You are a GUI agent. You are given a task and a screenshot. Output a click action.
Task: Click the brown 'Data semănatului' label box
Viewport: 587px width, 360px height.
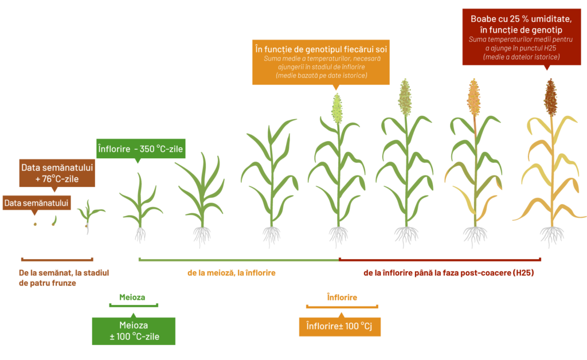(37, 203)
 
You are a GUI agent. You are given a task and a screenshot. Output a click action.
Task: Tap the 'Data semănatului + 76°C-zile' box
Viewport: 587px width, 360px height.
(57, 173)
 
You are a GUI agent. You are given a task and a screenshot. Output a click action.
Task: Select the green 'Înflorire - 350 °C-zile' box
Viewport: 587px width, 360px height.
(141, 148)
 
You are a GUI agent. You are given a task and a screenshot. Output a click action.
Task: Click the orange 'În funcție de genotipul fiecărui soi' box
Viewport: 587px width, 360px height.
(321, 62)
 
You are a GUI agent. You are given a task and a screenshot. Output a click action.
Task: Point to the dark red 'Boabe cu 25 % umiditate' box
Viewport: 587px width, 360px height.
(522, 37)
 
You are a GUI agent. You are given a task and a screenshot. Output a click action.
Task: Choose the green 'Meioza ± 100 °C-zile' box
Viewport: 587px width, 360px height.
(134, 331)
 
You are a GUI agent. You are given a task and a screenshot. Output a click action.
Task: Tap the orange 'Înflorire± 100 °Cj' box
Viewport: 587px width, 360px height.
(339, 327)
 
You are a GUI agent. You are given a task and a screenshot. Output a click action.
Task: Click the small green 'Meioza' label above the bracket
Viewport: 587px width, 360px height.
(132, 297)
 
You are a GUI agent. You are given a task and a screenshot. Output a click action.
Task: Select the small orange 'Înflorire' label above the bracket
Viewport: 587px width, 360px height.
(342, 297)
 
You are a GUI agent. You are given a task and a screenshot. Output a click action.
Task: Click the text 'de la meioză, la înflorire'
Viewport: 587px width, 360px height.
(232, 273)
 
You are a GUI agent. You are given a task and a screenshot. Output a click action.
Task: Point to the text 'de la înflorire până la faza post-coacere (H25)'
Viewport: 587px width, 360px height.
(448, 273)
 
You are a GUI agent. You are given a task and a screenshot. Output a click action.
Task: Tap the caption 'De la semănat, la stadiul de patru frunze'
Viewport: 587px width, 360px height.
(64, 277)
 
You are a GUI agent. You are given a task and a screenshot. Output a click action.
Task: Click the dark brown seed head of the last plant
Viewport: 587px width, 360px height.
(550, 97)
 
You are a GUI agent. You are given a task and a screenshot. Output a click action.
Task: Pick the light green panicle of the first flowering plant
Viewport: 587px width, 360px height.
(337, 108)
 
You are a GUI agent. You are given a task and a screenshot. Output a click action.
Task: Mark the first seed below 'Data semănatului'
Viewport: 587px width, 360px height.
(35, 224)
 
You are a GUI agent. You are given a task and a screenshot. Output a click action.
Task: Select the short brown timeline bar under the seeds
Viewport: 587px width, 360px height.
(57, 259)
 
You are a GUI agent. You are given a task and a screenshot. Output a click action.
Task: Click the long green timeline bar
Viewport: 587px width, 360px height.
(239, 259)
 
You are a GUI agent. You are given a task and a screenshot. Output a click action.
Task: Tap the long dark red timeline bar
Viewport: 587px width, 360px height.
(440, 259)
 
